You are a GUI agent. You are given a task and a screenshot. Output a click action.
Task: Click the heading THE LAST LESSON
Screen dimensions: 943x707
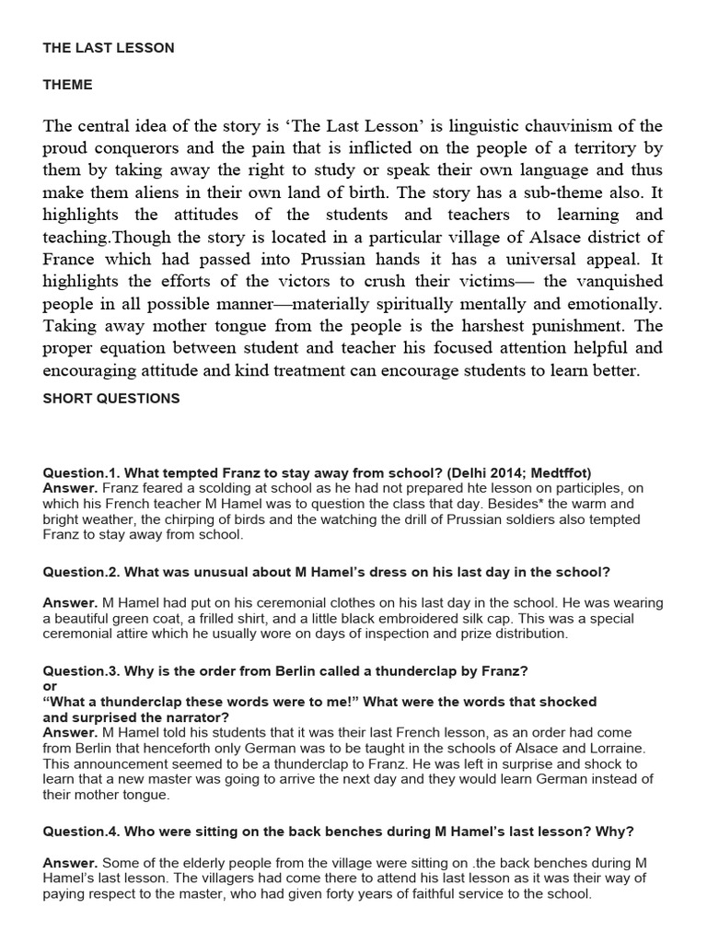[108, 48]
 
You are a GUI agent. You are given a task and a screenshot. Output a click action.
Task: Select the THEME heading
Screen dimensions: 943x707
[67, 85]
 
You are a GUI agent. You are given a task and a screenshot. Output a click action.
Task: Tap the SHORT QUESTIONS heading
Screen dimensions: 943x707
[111, 399]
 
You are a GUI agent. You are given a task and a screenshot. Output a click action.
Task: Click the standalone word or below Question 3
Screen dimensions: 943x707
[50, 685]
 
